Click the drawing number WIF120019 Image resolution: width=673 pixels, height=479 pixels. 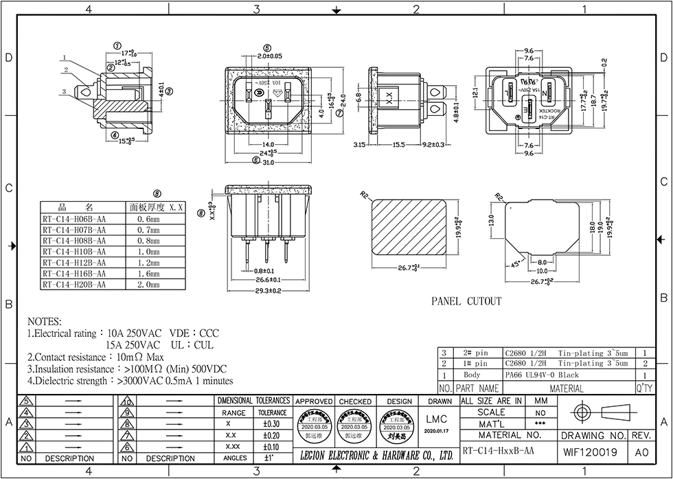pos(591,452)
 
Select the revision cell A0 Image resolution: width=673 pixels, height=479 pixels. pos(641,452)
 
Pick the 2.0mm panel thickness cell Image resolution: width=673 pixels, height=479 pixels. pos(146,284)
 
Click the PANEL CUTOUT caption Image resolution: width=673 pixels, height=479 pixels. pos(466,301)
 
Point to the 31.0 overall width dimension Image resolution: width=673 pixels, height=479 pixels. pos(268,162)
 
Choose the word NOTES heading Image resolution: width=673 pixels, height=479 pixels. pos(45,322)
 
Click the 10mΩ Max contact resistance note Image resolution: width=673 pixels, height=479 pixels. pos(140,358)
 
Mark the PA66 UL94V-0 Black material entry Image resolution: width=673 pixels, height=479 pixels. pos(541,375)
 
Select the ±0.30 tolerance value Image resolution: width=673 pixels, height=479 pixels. pos(271,423)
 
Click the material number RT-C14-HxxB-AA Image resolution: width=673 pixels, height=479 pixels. pos(498,452)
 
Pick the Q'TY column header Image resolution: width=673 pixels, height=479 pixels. pos(643,388)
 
